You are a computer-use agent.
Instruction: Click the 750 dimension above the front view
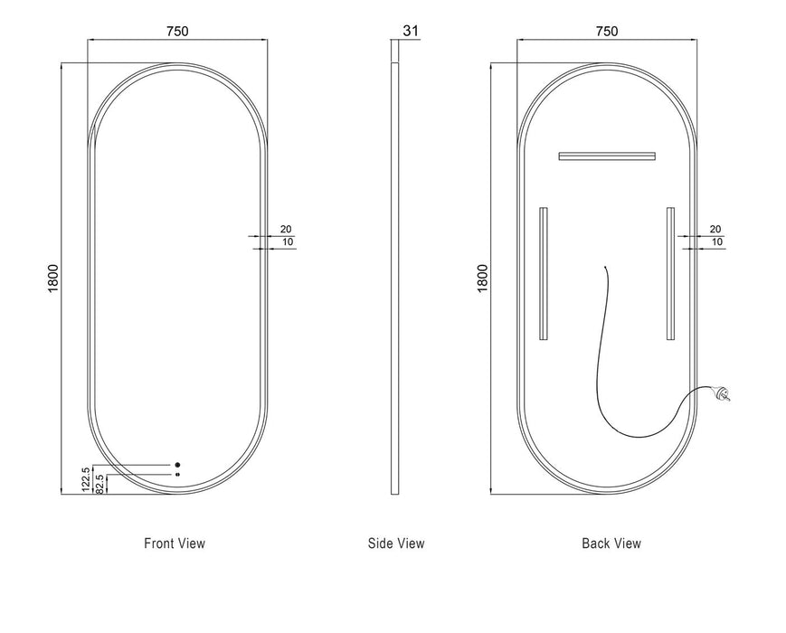[x=177, y=31]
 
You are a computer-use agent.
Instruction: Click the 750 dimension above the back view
[x=607, y=31]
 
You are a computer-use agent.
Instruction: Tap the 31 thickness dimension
[x=411, y=31]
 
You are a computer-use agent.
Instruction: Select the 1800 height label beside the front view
[x=53, y=279]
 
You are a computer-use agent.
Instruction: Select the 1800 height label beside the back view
[x=482, y=279]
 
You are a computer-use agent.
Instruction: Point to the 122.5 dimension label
[x=86, y=478]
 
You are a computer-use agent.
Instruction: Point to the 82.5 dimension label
[x=99, y=484]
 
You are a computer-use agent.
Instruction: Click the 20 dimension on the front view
[x=286, y=229]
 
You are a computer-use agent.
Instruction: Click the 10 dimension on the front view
[x=288, y=242]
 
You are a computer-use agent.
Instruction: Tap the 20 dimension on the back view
[x=715, y=229]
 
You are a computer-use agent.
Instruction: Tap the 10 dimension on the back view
[x=717, y=242]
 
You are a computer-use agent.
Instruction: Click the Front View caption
[x=175, y=543]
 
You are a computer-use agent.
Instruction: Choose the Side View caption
[x=396, y=543]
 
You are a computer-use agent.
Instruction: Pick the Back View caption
[x=611, y=543]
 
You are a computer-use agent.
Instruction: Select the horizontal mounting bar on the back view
[x=607, y=156]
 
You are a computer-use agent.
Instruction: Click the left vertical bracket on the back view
[x=544, y=274]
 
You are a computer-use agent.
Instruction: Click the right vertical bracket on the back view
[x=671, y=274]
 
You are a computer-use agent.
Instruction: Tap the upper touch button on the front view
[x=177, y=465]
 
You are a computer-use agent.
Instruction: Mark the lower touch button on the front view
[x=177, y=474]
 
